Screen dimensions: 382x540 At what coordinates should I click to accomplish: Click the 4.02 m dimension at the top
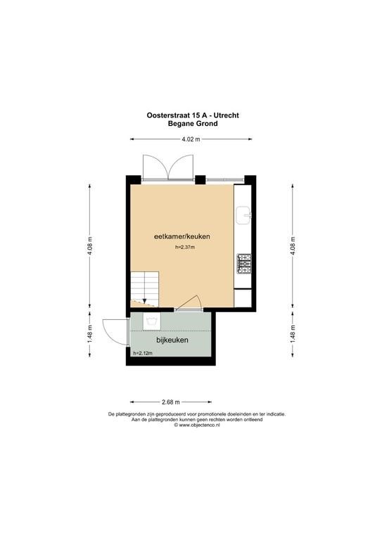point(191,139)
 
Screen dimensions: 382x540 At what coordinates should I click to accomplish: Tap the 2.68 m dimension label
point(171,402)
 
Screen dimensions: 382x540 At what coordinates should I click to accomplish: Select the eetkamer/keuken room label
point(182,236)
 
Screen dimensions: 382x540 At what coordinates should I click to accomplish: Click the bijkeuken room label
point(172,340)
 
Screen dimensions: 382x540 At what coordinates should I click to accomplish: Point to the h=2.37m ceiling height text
point(185,247)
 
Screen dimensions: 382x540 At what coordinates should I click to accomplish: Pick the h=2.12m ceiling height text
point(143,353)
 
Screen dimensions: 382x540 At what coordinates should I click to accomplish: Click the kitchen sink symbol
point(243,215)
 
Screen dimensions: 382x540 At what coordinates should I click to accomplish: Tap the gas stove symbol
point(244,264)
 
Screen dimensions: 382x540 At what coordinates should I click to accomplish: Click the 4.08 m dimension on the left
point(90,246)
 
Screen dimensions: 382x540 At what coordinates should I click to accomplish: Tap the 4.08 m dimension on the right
point(293,246)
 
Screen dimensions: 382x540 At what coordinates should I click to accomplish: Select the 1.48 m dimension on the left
point(90,334)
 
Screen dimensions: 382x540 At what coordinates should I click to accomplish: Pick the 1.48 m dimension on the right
point(293,334)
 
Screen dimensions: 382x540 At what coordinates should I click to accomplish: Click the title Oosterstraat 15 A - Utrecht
point(193,115)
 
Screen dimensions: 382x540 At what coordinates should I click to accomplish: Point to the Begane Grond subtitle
point(193,124)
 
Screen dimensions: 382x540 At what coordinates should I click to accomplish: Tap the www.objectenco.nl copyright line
point(197,425)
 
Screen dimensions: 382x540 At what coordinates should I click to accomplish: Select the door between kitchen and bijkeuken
point(189,302)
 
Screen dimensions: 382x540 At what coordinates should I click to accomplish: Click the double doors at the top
point(168,167)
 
